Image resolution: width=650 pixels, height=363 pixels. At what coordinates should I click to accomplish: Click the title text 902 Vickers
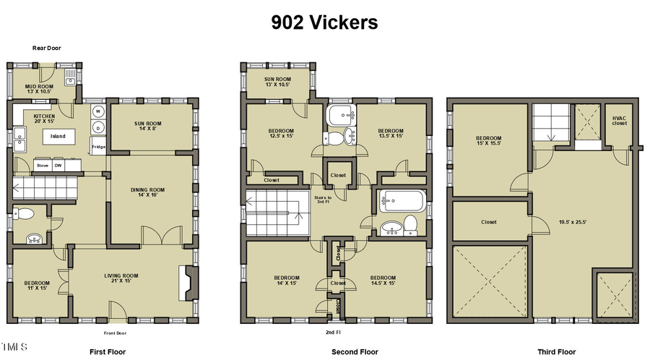click(x=324, y=22)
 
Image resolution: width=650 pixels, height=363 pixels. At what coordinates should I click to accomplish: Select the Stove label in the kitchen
click(x=43, y=166)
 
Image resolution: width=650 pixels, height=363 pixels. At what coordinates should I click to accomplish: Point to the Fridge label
click(x=97, y=148)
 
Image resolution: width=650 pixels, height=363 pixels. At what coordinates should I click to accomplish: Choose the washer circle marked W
click(x=97, y=112)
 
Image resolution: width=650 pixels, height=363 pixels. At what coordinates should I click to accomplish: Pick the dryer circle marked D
click(x=97, y=128)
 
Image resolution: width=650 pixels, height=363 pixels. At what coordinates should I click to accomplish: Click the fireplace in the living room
click(x=186, y=283)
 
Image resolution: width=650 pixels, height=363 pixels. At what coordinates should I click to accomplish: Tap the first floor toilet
click(x=25, y=214)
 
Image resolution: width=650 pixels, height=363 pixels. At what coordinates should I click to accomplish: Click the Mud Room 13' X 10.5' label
click(x=40, y=88)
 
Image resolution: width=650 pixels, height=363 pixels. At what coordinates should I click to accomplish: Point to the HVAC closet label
click(x=620, y=120)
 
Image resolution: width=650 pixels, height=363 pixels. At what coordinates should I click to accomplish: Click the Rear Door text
click(x=46, y=48)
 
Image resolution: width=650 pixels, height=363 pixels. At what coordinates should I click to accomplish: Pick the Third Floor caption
click(x=555, y=352)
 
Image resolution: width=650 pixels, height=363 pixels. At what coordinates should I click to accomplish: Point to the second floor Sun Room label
click(x=277, y=82)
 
